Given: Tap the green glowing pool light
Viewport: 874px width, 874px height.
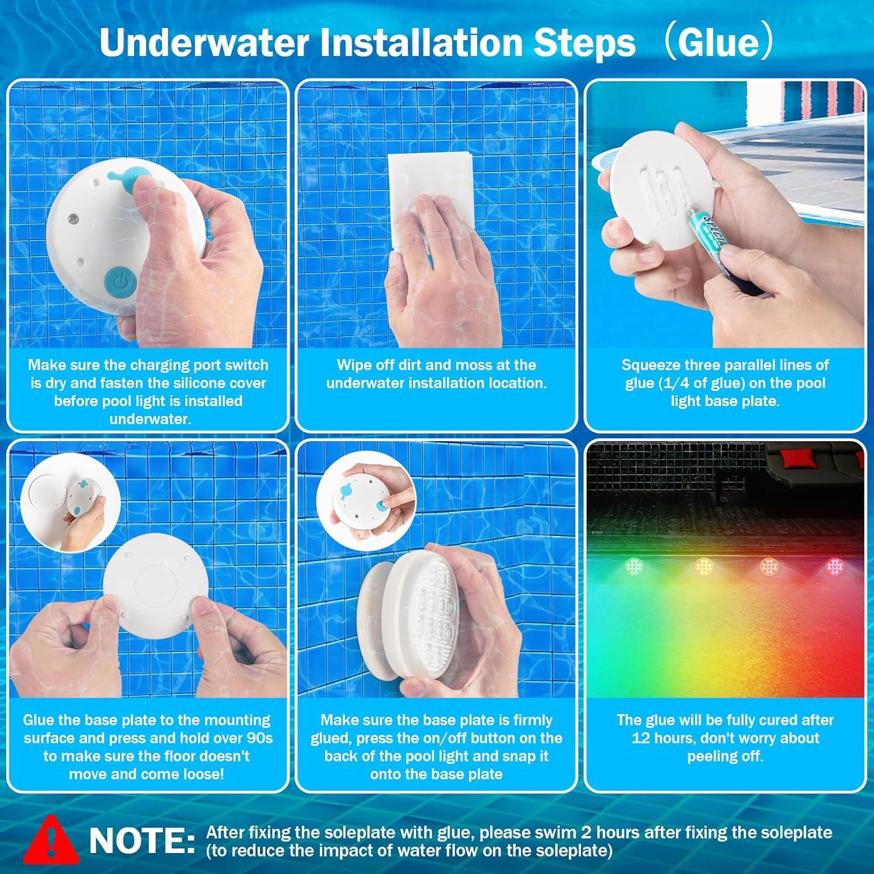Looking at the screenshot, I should click(x=634, y=565).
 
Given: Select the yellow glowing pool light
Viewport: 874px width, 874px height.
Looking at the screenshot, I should click(x=704, y=565).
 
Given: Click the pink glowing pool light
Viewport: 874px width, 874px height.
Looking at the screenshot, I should click(x=835, y=565).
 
